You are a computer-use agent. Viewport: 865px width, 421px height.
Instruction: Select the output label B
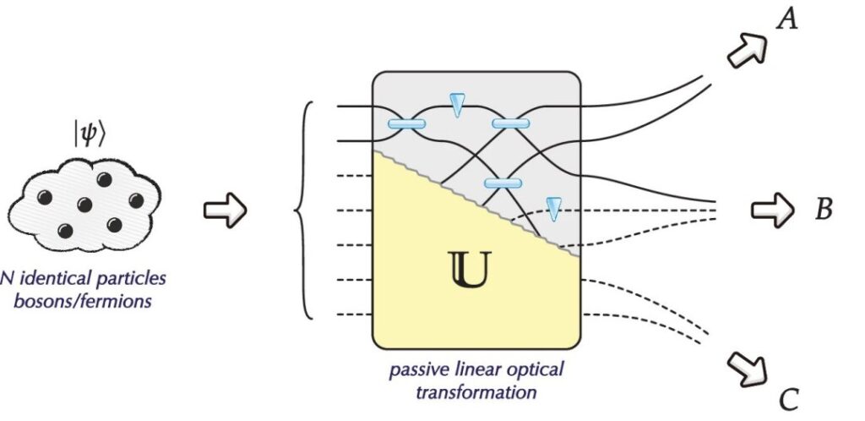coord(824,209)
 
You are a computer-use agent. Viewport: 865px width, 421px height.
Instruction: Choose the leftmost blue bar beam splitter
coord(406,124)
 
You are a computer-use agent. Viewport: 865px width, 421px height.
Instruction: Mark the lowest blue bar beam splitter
coord(503,183)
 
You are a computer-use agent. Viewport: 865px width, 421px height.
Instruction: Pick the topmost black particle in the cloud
coord(105,179)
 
